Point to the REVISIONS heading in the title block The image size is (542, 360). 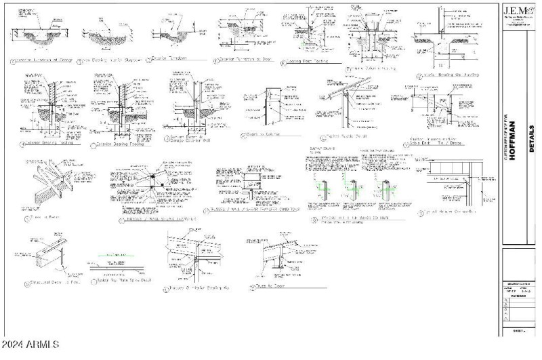click(510, 296)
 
